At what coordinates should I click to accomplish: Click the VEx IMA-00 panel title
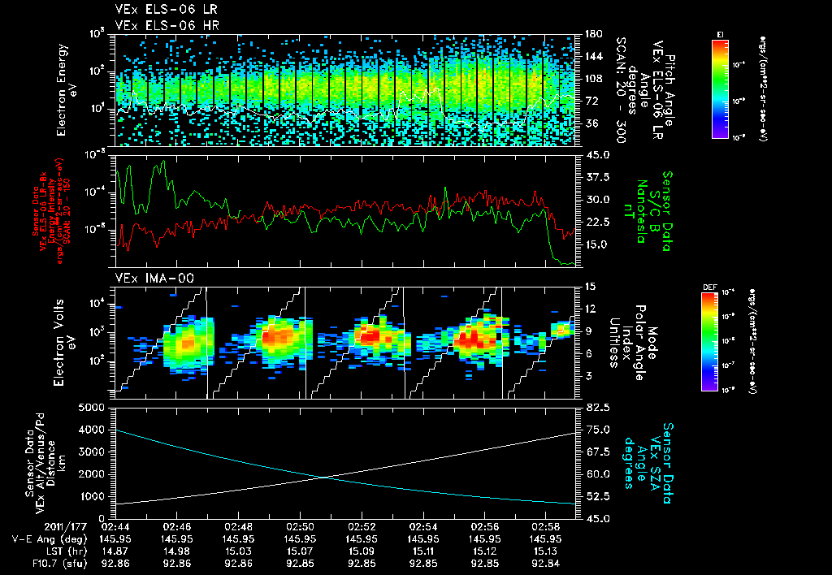click(154, 278)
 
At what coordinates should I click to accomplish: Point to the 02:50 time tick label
click(300, 526)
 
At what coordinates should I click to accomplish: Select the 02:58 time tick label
click(545, 526)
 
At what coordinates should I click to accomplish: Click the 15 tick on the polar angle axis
click(590, 286)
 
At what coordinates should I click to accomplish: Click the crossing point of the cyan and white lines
click(324, 477)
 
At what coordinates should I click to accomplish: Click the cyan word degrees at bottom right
click(628, 464)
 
